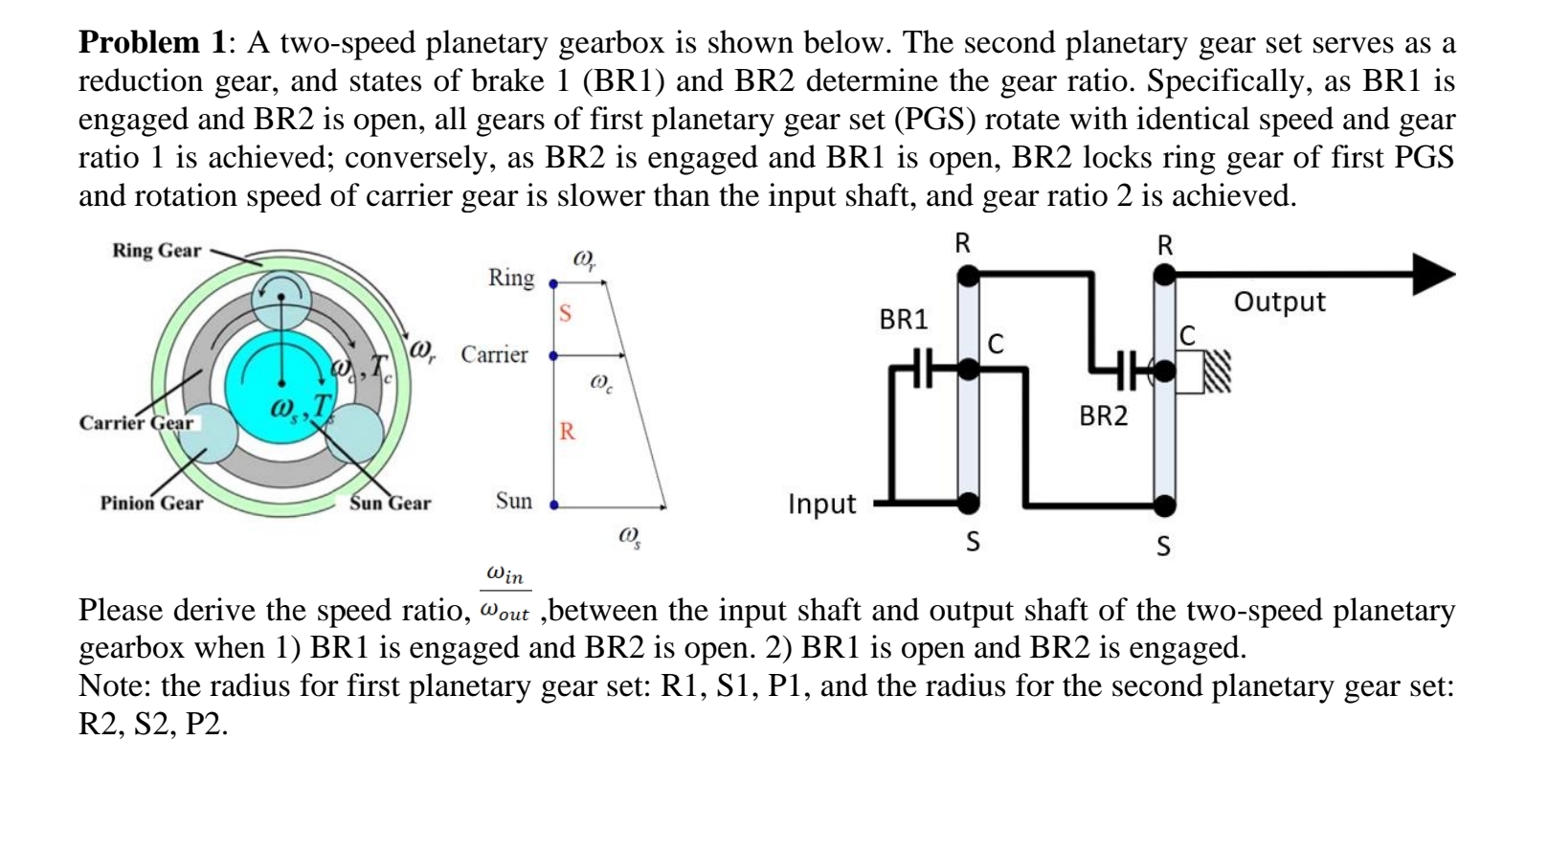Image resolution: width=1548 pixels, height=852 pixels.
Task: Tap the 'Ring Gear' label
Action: click(x=156, y=251)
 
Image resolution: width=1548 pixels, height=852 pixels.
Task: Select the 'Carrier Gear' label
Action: click(x=136, y=423)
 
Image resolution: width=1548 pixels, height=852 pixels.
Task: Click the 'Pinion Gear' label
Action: click(x=151, y=504)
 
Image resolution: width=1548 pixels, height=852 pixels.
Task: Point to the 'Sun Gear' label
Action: click(x=390, y=504)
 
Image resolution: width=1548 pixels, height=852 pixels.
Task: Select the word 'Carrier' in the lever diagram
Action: click(x=494, y=355)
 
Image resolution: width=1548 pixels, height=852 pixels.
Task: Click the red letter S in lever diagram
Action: click(x=565, y=313)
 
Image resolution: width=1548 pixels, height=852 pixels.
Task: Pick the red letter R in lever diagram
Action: click(x=567, y=432)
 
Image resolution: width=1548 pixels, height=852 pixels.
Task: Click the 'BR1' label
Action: click(x=904, y=320)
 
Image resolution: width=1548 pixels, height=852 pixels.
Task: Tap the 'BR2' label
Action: click(x=1103, y=416)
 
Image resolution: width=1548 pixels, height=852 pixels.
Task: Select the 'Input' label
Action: click(x=821, y=504)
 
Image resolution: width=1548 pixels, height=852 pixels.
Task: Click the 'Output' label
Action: click(x=1279, y=303)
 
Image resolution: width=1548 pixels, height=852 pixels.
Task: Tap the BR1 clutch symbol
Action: click(x=920, y=368)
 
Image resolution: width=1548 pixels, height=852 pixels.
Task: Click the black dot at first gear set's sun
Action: click(x=969, y=502)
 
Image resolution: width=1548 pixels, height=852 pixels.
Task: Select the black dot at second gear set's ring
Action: click(x=1163, y=276)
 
